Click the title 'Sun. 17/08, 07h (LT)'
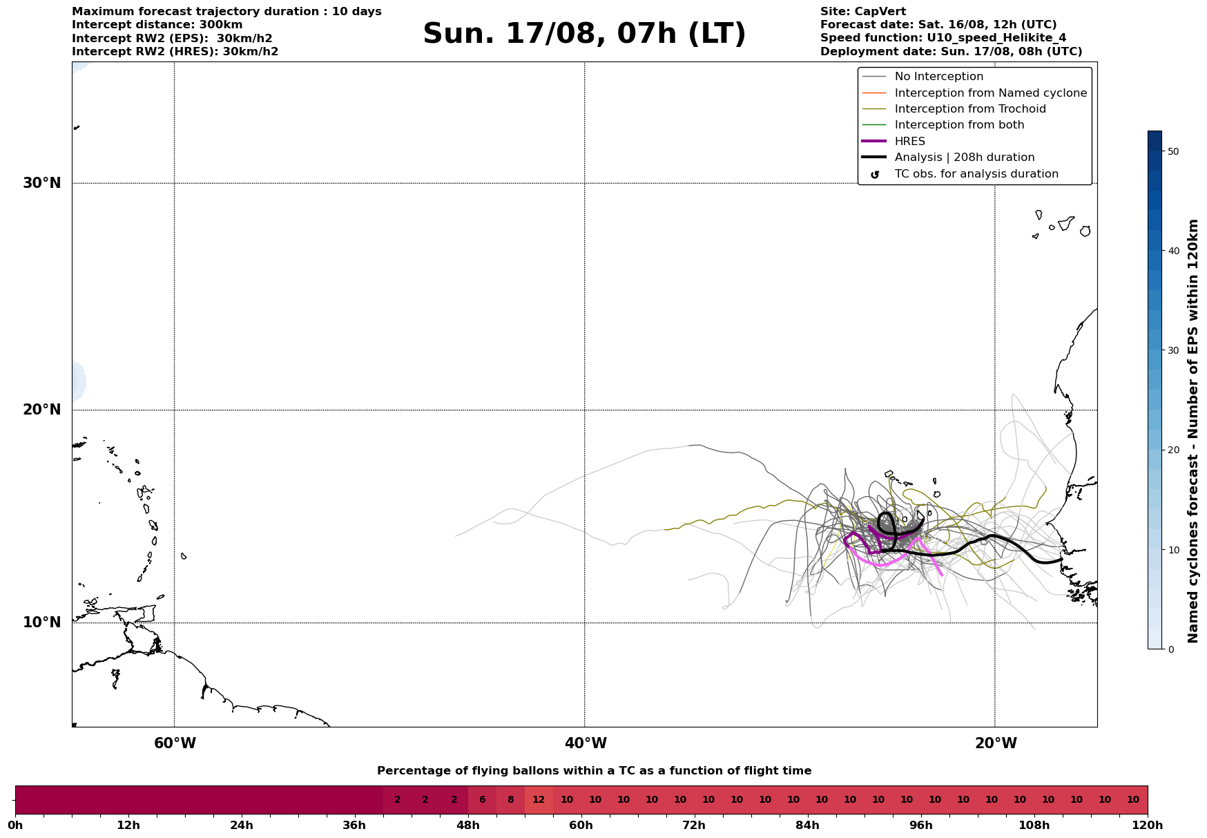584,34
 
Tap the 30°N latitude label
42,183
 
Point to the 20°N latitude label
42,410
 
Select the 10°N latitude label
42,622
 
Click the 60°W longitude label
175,743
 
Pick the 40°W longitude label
586,743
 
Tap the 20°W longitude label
996,743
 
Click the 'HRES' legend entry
909,142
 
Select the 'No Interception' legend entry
938,77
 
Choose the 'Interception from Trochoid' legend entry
969,109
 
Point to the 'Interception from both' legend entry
959,125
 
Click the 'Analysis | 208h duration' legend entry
964,158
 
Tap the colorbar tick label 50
1172,151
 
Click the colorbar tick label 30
1172,350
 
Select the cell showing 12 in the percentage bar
539,800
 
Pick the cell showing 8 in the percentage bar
510,800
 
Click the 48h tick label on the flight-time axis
468,826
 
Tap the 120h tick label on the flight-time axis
1148,826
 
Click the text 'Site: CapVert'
863,12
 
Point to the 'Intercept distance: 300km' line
157,25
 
